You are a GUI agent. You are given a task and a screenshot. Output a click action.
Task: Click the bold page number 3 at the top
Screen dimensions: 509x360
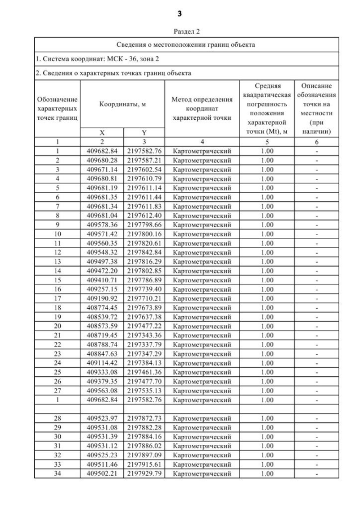click(180, 13)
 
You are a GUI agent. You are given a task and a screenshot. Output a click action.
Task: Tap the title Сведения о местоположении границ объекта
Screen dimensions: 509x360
click(186, 44)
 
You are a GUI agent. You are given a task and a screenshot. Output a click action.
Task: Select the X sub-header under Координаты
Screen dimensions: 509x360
click(102, 133)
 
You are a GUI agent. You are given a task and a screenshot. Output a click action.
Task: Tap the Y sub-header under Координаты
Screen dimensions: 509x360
click(143, 133)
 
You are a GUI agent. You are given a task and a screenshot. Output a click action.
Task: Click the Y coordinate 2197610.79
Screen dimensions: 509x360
click(143, 178)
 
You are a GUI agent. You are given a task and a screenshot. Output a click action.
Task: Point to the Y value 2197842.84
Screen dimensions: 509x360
click(143, 252)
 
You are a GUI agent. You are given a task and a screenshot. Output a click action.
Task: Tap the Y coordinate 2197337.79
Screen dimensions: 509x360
click(143, 344)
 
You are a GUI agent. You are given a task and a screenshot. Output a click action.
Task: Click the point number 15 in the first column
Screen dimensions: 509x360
click(57, 280)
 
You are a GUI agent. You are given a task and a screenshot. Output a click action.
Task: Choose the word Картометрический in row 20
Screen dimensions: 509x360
click(201, 326)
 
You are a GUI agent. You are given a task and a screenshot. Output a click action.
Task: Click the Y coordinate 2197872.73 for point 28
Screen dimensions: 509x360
click(143, 418)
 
